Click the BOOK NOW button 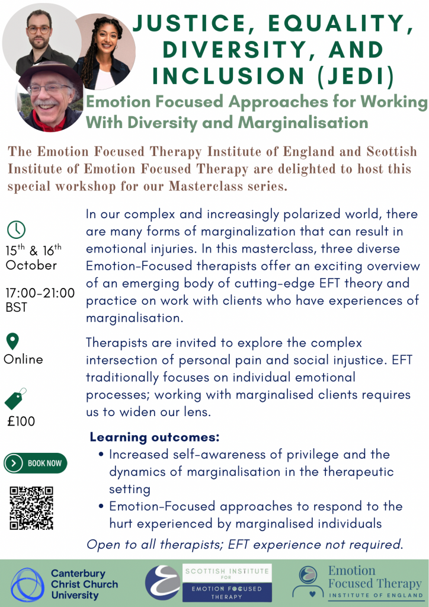36,463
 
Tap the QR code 32,508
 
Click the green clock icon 16,230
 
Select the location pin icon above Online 13,341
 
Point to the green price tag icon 15,399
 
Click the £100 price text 21,421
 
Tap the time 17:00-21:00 40,293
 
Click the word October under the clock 31,265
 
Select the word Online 23,359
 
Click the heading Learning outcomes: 155,437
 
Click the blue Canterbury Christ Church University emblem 27,584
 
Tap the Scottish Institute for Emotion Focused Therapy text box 227,583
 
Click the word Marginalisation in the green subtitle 303,122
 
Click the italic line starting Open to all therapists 245,545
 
